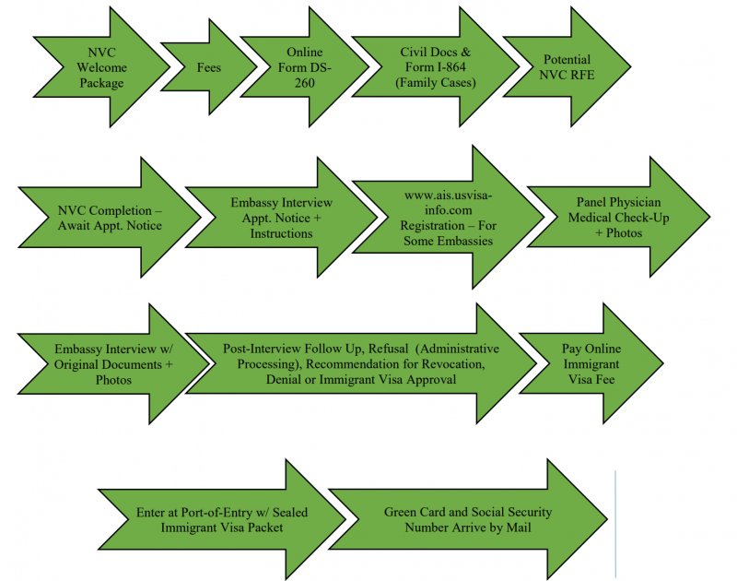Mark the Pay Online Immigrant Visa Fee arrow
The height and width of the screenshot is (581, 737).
(x=590, y=364)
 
